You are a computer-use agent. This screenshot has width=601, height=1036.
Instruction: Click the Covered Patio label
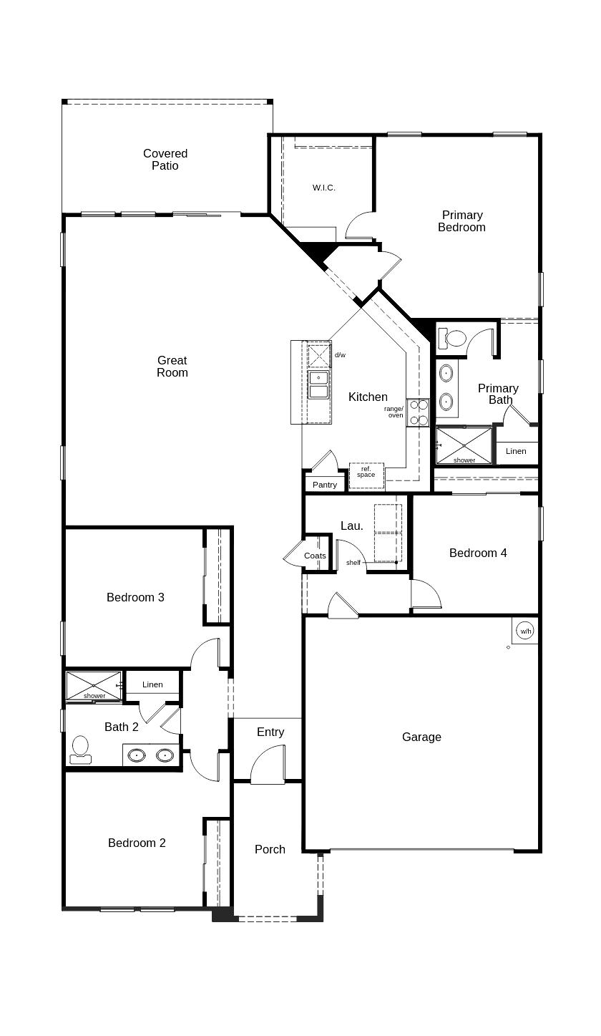click(165, 159)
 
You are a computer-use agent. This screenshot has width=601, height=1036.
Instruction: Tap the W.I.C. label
click(323, 188)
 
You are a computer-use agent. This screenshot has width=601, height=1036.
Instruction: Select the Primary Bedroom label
click(461, 221)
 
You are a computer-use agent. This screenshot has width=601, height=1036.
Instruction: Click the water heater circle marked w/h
click(526, 631)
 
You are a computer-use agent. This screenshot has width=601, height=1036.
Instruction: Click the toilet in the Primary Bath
click(452, 337)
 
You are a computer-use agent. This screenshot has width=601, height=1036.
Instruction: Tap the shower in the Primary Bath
click(464, 445)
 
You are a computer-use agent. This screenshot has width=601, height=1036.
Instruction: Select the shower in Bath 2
click(94, 685)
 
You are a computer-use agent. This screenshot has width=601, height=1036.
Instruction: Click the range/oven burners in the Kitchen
click(418, 412)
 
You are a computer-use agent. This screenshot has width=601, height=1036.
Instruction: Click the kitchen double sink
click(318, 384)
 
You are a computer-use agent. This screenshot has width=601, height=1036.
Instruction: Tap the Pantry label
click(325, 485)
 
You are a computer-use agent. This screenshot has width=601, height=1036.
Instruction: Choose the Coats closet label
click(315, 556)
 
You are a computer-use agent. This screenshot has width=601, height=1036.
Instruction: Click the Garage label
click(421, 737)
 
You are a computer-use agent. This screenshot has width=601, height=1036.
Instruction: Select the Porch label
click(270, 849)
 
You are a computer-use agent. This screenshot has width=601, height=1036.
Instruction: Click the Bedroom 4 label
click(478, 553)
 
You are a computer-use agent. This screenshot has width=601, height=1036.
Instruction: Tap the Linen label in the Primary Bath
click(516, 451)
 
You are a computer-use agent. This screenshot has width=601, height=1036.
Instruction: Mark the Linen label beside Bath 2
click(152, 684)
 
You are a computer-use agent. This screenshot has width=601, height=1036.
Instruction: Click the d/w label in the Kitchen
click(340, 355)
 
